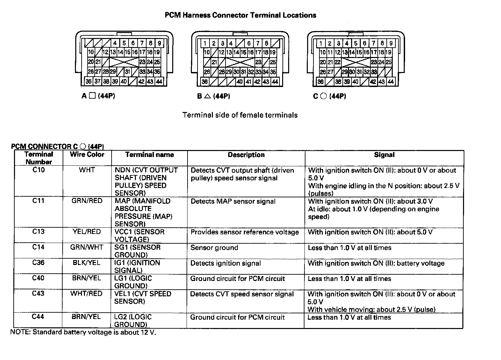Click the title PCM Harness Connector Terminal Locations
(241, 15)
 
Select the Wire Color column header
(87, 155)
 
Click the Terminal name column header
(150, 155)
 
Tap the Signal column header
(384, 155)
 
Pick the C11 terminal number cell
(38, 201)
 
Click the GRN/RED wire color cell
(87, 201)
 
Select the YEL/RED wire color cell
(87, 232)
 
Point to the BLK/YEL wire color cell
(87, 263)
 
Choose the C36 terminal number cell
(38, 263)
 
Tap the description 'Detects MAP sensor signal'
(233, 201)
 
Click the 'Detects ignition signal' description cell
(226, 263)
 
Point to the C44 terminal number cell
(38, 317)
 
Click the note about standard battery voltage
(83, 332)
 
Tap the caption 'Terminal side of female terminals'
(240, 115)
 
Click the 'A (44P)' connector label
(98, 96)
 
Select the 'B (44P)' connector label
(214, 96)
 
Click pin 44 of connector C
(390, 82)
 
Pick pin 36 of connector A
(89, 81)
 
